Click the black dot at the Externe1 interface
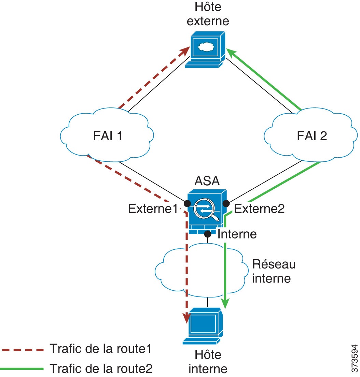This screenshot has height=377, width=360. coord(187,203)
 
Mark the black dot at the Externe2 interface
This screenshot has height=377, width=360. coord(225,203)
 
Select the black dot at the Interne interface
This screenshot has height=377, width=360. coord(207,234)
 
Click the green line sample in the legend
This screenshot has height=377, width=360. coord(22,368)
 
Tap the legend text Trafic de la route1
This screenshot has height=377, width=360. coord(101,349)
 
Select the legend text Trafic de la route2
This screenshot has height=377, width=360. coord(101,368)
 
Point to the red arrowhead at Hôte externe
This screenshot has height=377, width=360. coord(185,51)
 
